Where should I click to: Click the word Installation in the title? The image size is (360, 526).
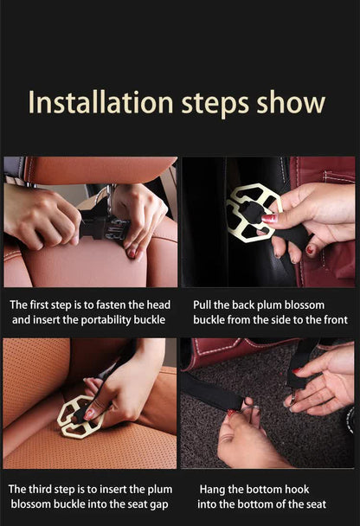pos(100,102)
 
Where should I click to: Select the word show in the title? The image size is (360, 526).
pos(292,102)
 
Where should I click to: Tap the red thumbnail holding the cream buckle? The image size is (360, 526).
pos(269,219)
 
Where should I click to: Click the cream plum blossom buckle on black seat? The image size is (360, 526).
pos(253,210)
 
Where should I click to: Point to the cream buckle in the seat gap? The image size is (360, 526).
pos(79,417)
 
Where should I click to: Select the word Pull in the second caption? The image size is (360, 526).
pos(202,305)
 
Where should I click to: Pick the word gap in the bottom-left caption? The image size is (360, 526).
pos(158,504)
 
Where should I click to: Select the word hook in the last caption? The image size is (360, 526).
pos(297,489)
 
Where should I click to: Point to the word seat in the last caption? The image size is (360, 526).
pos(314,504)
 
